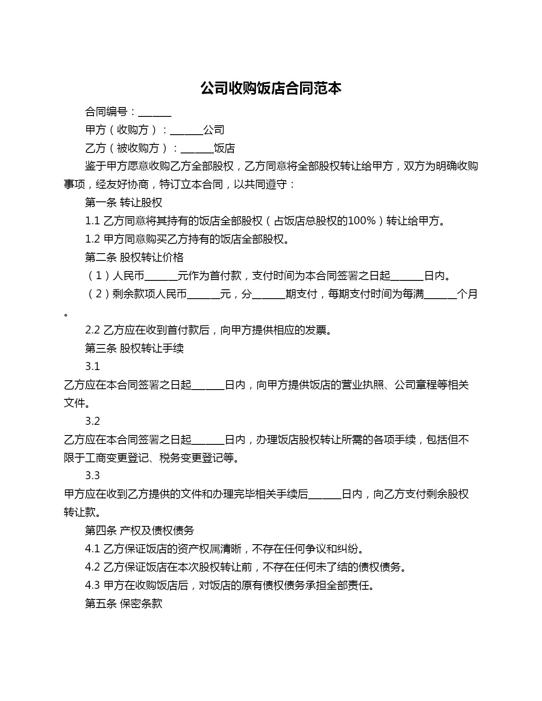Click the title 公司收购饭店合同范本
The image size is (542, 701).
[271, 88]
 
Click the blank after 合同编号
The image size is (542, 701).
[155, 113]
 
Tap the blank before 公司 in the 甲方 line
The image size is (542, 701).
[186, 130]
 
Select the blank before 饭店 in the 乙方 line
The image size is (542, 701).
[197, 149]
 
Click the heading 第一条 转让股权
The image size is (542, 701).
[123, 203]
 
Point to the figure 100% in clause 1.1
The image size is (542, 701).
[361, 221]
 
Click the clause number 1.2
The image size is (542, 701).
[92, 239]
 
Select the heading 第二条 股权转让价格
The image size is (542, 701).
[134, 257]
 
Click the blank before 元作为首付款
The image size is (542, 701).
[161, 276]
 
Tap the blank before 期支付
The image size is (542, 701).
[269, 294]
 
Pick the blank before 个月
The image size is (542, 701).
[440, 294]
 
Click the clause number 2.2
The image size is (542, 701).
[92, 330]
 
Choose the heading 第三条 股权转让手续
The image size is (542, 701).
[134, 348]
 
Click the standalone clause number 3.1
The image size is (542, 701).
[92, 367]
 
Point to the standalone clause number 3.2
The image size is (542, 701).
[92, 421]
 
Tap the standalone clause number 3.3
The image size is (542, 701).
[92, 475]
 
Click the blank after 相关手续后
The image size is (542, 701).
[325, 495]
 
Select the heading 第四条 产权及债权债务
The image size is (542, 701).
[139, 530]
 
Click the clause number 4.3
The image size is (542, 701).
[92, 585]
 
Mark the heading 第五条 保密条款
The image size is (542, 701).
[123, 604]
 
